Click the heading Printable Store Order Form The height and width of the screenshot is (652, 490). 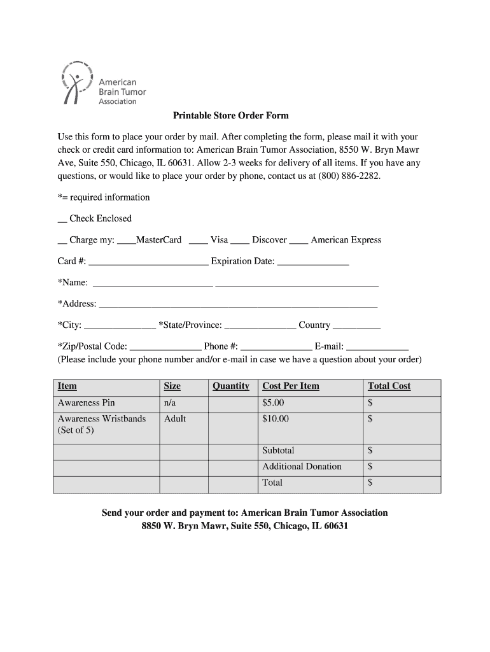(231, 115)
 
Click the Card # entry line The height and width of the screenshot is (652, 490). (148, 262)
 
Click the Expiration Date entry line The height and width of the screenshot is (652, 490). (313, 262)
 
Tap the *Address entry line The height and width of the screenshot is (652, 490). (238, 305)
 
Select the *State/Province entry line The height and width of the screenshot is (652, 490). (260, 327)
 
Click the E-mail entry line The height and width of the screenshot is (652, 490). (377, 348)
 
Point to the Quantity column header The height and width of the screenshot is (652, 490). (230, 386)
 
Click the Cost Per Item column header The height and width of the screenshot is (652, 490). (291, 386)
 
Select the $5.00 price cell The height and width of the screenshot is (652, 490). (274, 403)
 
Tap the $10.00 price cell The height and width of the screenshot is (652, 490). (276, 419)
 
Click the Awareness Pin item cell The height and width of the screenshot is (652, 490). (87, 403)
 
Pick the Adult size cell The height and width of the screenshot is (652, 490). (175, 419)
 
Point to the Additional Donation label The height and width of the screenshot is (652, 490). (302, 467)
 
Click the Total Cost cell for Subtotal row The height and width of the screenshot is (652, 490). (402, 451)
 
